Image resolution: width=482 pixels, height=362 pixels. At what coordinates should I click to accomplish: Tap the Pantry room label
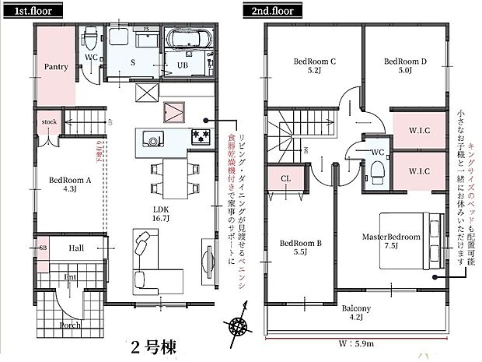coord(55,67)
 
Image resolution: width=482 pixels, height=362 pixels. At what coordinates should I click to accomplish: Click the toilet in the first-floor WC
coord(89,36)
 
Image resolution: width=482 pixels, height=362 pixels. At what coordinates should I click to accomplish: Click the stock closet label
coord(50,122)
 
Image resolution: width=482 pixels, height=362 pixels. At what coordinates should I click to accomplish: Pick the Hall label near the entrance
coord(76,248)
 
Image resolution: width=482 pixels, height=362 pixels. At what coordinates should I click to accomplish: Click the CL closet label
coord(285,179)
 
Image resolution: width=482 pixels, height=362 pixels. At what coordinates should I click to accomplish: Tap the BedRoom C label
coord(314,65)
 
